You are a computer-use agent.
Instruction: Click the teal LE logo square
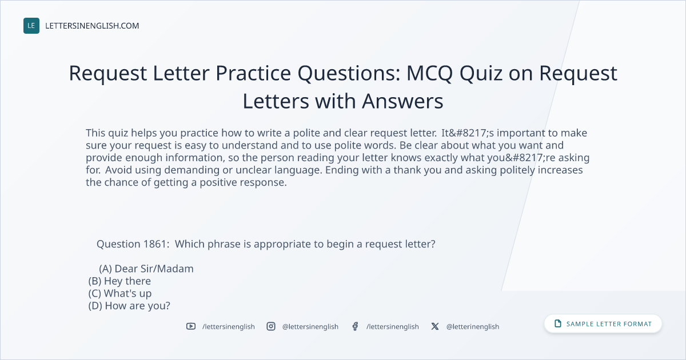click(31, 26)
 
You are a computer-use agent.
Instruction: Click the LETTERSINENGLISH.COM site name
click(92, 26)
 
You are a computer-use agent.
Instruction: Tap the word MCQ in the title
click(430, 74)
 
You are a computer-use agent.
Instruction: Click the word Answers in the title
click(402, 101)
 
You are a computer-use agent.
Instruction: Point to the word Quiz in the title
click(481, 74)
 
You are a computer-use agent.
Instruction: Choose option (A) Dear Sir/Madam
click(146, 269)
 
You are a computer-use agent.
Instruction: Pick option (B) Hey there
click(119, 281)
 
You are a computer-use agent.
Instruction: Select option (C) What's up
click(119, 293)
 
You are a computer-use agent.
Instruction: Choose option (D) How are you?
click(129, 306)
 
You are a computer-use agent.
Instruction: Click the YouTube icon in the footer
click(191, 326)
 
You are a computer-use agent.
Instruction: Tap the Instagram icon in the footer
click(271, 326)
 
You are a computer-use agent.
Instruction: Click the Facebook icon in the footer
click(355, 326)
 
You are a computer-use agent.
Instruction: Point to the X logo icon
click(435, 326)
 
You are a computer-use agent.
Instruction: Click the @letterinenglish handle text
click(473, 327)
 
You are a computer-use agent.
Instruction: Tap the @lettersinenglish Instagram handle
click(310, 327)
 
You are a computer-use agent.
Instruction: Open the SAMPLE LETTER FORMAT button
click(603, 324)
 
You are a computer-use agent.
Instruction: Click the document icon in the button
click(558, 323)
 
